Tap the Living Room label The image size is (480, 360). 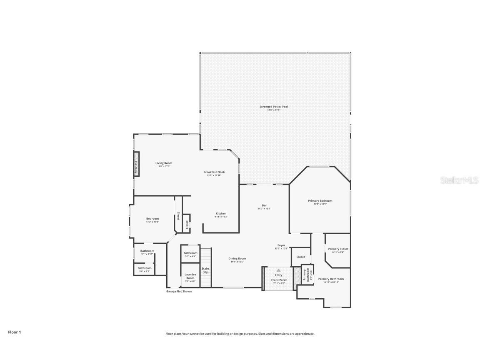(x=164, y=163)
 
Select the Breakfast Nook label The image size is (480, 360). (x=214, y=172)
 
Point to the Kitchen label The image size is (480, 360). (x=221, y=213)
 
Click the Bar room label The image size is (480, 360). (x=264, y=205)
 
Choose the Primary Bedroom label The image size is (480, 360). (x=320, y=201)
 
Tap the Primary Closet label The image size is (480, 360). (x=338, y=249)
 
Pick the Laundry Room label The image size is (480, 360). (x=190, y=276)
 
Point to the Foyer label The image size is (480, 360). (x=281, y=245)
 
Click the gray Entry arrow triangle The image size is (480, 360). (x=278, y=270)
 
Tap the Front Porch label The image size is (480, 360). (x=279, y=280)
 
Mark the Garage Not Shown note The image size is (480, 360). (x=179, y=291)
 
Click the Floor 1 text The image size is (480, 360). (x=14, y=332)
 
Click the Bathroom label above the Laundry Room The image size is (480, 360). (x=190, y=253)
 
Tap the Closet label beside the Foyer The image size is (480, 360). (x=300, y=257)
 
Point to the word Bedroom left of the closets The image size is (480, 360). (x=152, y=219)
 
